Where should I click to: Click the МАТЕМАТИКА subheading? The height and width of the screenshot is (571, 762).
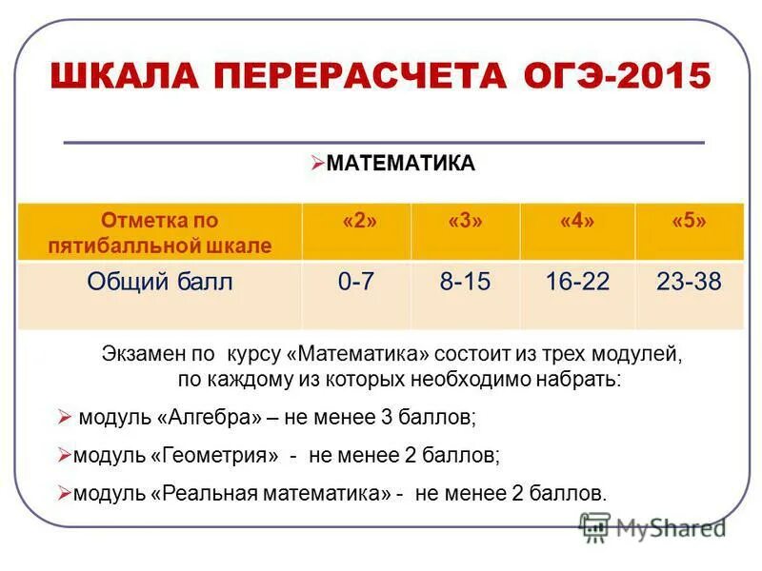(400, 164)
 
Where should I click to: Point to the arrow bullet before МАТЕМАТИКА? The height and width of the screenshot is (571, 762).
(318, 163)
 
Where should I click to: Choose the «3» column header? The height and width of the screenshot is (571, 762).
(465, 221)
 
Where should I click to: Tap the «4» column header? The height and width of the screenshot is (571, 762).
(577, 221)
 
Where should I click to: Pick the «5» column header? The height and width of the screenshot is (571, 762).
(689, 221)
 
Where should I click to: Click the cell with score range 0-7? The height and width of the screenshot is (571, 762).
(356, 282)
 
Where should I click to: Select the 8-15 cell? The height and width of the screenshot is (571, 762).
(465, 282)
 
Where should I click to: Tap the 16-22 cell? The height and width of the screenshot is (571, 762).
(577, 282)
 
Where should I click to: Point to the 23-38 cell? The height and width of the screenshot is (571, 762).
(689, 282)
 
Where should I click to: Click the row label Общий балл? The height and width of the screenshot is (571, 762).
(160, 282)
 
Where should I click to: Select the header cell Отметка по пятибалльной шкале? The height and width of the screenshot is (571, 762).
(160, 233)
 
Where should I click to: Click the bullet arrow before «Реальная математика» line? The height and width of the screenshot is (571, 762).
(65, 493)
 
